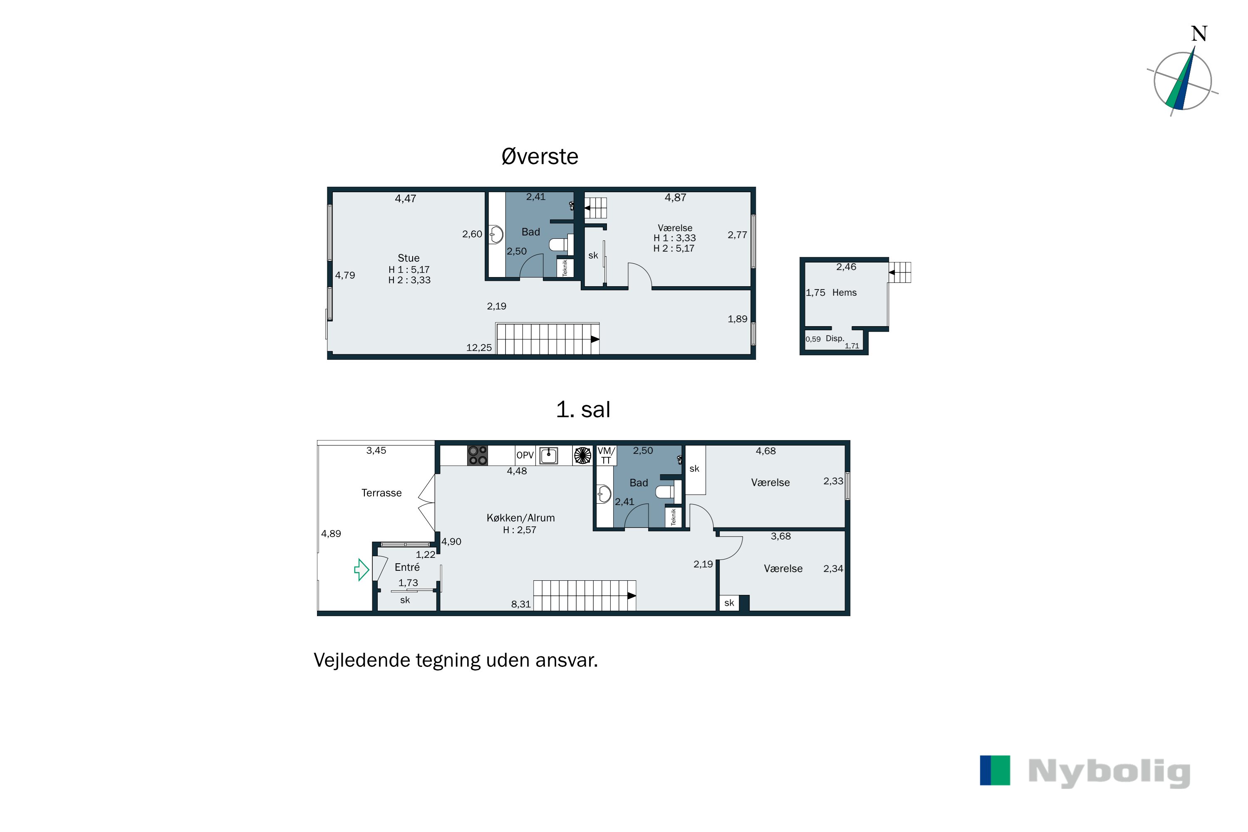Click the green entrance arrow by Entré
pyautogui.click(x=362, y=570)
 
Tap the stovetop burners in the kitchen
pyautogui.click(x=478, y=455)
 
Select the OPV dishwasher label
pyautogui.click(x=525, y=455)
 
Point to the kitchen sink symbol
pyautogui.click(x=549, y=455)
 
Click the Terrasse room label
pyautogui.click(x=381, y=493)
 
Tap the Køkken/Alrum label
pyautogui.click(x=520, y=518)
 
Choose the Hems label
pyautogui.click(x=844, y=292)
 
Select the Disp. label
pyautogui.click(x=834, y=339)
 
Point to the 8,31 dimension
pyautogui.click(x=520, y=604)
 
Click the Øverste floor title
pyautogui.click(x=540, y=156)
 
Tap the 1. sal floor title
pyautogui.click(x=583, y=410)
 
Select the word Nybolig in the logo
pyautogui.click(x=1109, y=773)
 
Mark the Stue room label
pyautogui.click(x=409, y=258)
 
